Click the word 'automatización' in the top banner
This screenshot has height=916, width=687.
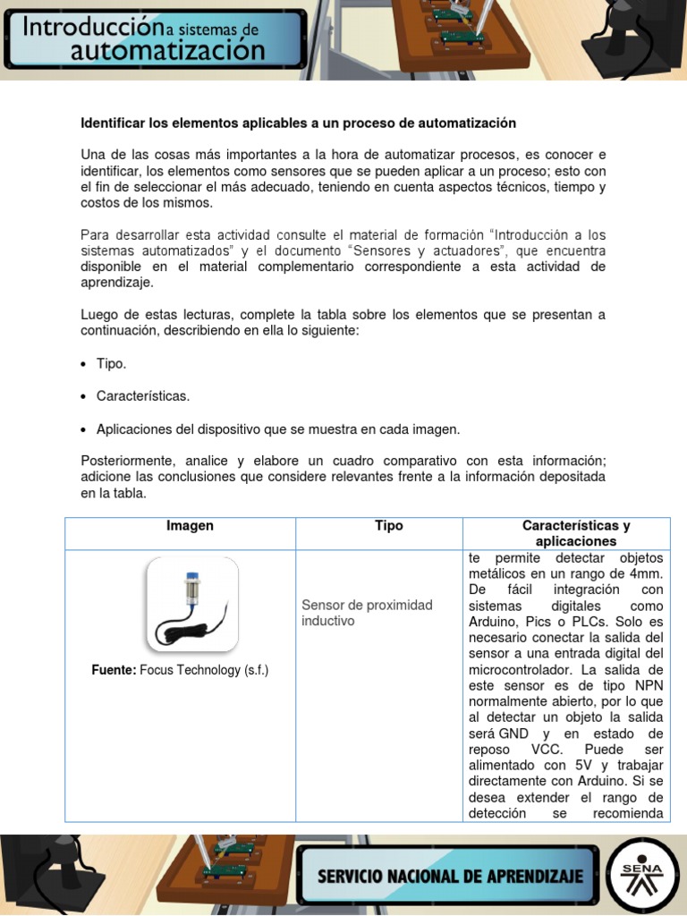point(168,51)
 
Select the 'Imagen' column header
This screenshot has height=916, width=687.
point(190,526)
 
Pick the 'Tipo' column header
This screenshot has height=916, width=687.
point(389,526)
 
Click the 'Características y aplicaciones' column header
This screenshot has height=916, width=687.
point(576,533)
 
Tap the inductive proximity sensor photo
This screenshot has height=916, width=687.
point(191,605)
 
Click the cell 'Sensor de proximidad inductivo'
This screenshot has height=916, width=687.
point(367,613)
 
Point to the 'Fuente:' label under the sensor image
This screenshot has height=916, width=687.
point(114,670)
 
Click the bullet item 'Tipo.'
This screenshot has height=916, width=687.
point(112,364)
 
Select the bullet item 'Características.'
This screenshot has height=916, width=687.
point(142,395)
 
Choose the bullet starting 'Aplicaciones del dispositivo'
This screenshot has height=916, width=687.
point(277,429)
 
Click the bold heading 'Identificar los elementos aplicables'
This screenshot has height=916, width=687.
point(299,122)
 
